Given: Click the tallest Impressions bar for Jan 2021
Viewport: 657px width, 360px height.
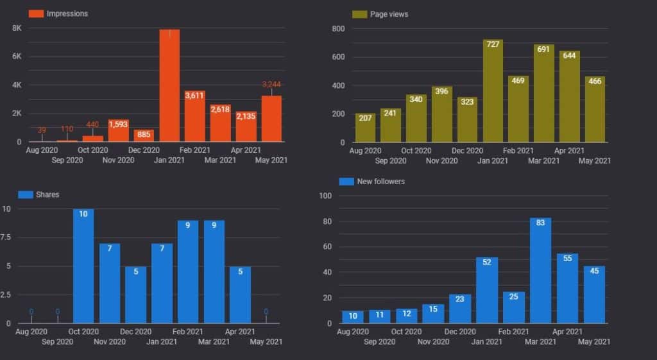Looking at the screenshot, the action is tap(169, 85).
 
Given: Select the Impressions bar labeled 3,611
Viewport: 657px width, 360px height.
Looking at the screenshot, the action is tap(195, 116).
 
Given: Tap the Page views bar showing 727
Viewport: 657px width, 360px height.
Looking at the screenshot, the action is tap(493, 90).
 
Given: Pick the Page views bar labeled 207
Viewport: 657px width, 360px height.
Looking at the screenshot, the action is tap(365, 128).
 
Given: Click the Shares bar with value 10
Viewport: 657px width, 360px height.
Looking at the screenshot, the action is tap(83, 266).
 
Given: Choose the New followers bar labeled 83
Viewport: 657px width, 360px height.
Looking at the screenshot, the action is tap(540, 270).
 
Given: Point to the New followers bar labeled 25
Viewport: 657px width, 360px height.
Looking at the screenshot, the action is tap(514, 307).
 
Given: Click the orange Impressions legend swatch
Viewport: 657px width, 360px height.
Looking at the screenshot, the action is tap(36, 14).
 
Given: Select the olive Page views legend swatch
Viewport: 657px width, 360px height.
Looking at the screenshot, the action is tap(359, 14).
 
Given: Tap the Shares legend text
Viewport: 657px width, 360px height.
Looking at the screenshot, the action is tap(47, 194).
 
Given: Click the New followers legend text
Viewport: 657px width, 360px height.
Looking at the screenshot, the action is tap(381, 182).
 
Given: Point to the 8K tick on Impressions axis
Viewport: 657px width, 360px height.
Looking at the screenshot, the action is tap(17, 28).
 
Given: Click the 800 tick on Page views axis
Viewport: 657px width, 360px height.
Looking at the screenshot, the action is tap(338, 28).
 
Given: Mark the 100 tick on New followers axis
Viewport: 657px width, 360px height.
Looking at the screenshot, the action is tap(325, 196).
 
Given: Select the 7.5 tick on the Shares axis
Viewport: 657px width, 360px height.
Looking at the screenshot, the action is tap(5, 237).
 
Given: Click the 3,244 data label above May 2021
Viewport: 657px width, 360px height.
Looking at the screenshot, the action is tap(271, 84).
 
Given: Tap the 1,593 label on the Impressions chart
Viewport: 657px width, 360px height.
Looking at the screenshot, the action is tap(118, 124).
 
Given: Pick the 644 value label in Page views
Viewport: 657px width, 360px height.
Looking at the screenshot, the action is tap(569, 55).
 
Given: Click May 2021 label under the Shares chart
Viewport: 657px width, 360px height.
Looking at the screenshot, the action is tap(266, 341).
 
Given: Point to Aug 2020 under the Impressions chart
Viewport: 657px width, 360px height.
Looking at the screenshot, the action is tap(42, 150).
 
